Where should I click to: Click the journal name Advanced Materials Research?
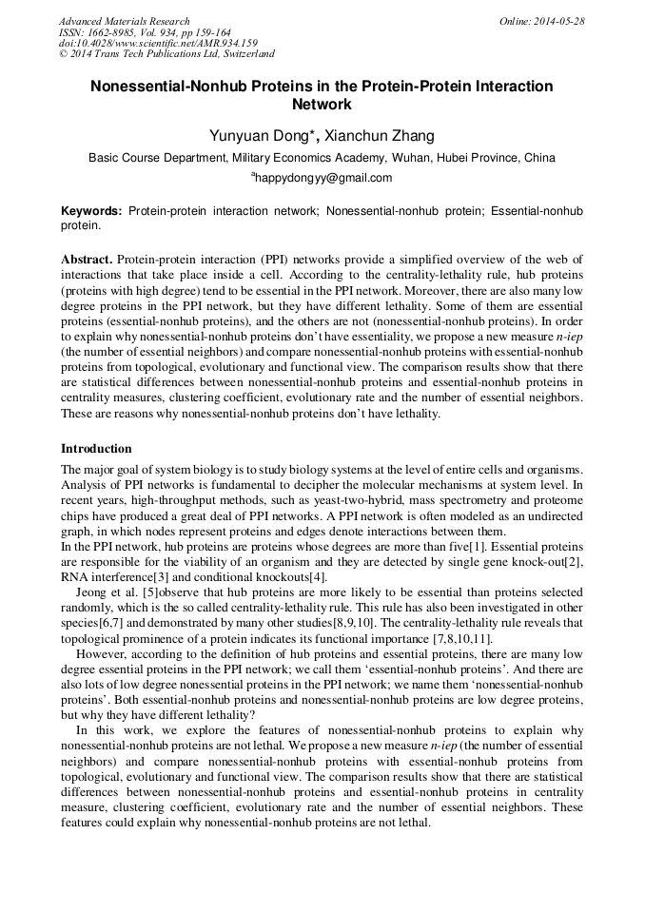pyautogui.click(x=124, y=21)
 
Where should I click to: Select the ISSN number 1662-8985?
pyautogui.click(x=111, y=32)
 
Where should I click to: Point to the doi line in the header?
pyautogui.click(x=158, y=44)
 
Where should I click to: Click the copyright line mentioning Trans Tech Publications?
pyautogui.click(x=166, y=54)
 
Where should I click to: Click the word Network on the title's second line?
pyautogui.click(x=322, y=106)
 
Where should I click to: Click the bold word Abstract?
pyautogui.click(x=87, y=260)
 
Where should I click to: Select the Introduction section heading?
pyautogui.click(x=96, y=448)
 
